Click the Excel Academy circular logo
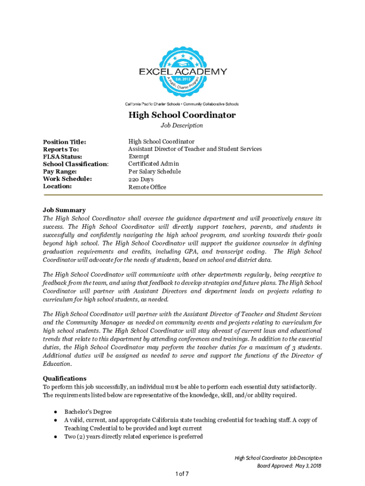[x=182, y=71]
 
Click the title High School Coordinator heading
[x=182, y=115]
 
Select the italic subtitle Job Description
[x=182, y=126]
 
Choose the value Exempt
[x=139, y=157]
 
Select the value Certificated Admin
[x=154, y=164]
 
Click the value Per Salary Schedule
[x=154, y=171]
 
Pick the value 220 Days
[x=141, y=179]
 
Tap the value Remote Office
[x=147, y=187]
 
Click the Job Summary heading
[x=64, y=210]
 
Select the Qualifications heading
[x=64, y=379]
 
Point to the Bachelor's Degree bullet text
[x=88, y=412]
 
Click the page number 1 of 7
[x=182, y=474]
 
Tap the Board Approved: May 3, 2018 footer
[x=287, y=466]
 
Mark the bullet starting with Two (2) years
[x=134, y=437]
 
